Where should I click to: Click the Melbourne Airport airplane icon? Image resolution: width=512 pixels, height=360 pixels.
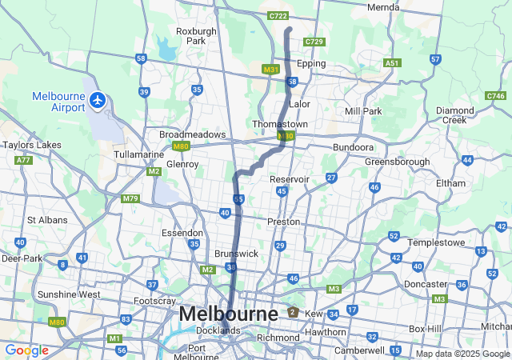(98, 100)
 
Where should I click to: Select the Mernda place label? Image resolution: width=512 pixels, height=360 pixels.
(382, 7)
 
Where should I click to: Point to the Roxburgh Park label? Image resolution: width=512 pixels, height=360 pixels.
(196, 36)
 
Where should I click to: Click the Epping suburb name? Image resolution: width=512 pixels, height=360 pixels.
(311, 63)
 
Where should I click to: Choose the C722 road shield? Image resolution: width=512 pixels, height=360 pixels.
(278, 15)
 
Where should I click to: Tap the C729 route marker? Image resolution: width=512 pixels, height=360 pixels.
(314, 42)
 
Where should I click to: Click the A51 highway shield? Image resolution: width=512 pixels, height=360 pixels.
(392, 62)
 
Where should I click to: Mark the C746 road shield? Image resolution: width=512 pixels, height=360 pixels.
(495, 96)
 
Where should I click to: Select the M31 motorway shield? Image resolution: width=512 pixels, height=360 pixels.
(270, 70)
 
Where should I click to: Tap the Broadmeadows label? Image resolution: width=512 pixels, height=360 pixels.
(192, 135)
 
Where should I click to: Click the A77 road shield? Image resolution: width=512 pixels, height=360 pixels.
(22, 160)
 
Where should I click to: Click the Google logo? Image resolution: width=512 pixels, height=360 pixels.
(26, 350)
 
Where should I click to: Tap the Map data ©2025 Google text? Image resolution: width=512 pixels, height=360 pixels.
(462, 354)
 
